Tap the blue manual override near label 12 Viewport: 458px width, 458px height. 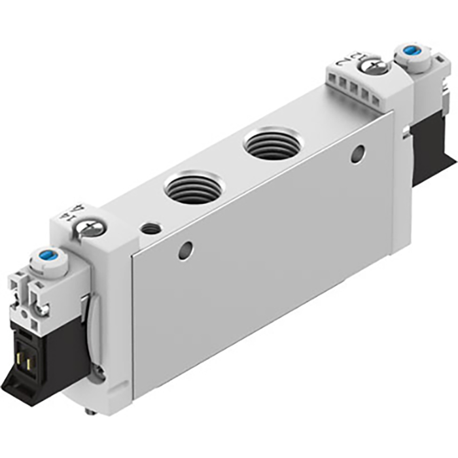tap(410, 51)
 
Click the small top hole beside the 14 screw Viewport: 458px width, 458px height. tap(151, 228)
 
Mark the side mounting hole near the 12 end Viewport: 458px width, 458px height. tap(357, 154)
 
